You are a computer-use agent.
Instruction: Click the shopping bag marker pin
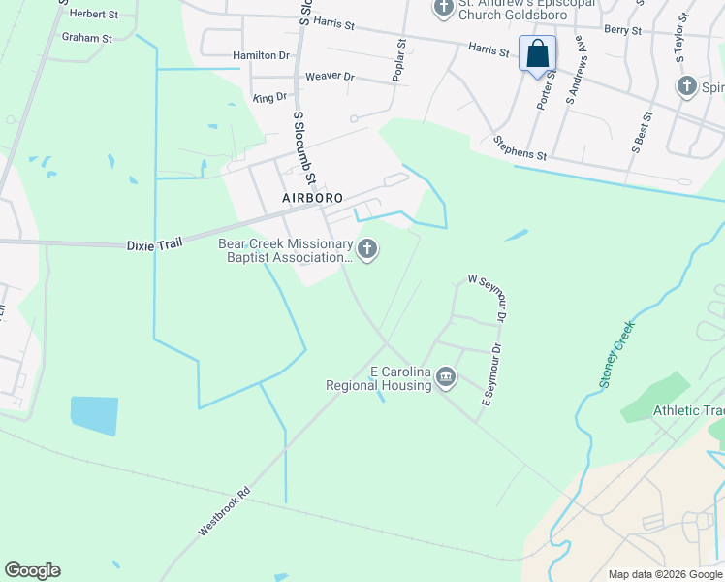point(538,53)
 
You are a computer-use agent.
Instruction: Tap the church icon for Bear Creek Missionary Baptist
point(366,250)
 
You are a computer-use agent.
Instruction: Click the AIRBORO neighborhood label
point(313,197)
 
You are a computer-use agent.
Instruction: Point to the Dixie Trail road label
point(154,245)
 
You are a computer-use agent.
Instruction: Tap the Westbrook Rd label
point(224,511)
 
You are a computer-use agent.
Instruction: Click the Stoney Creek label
point(616,355)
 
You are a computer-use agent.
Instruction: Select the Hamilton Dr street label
point(261,55)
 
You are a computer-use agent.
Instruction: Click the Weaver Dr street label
point(331,76)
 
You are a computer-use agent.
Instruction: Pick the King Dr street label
point(269,97)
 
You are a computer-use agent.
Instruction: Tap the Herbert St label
point(93,15)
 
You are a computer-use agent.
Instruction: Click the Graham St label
point(87,37)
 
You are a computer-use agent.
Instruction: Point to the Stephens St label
point(520,148)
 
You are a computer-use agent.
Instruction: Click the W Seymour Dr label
point(489,296)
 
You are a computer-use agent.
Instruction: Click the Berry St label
point(622,31)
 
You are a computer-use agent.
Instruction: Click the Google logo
point(32,570)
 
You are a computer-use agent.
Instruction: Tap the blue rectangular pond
point(94,415)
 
